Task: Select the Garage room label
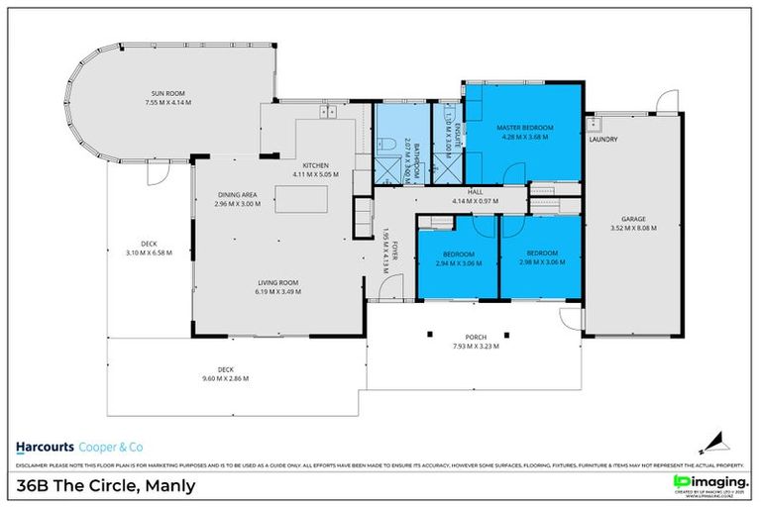[x=633, y=219]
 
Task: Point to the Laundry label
[x=602, y=140]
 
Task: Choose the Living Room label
[x=276, y=282]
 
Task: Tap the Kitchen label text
[x=316, y=165]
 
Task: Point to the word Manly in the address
[x=170, y=485]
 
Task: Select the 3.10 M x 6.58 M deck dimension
[x=150, y=253]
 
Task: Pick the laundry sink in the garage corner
[x=596, y=125]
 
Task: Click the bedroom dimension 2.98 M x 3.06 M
[x=542, y=262]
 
